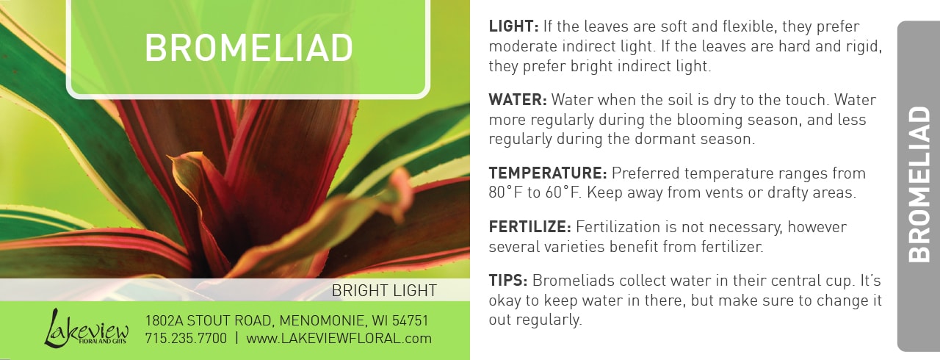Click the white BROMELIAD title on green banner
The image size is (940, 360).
click(x=249, y=48)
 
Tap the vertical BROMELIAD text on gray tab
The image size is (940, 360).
click(x=919, y=184)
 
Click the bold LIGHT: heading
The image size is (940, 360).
click(x=513, y=26)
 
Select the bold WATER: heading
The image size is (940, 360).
click(x=518, y=100)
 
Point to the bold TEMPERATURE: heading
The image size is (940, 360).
click(x=548, y=173)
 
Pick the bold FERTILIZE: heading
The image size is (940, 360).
click(x=530, y=227)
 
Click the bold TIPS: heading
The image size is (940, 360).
click(x=508, y=280)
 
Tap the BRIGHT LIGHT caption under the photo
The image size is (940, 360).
click(x=384, y=290)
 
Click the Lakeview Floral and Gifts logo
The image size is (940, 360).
click(x=87, y=328)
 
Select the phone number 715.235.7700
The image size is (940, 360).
click(x=186, y=338)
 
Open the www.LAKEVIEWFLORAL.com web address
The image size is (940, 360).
click(x=339, y=338)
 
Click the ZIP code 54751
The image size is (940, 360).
click(x=410, y=320)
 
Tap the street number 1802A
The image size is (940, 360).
click(x=164, y=320)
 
